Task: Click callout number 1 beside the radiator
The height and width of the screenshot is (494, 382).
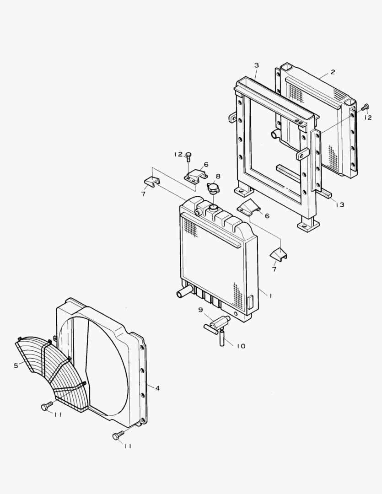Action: (x=270, y=296)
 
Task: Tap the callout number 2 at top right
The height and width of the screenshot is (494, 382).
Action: (x=333, y=72)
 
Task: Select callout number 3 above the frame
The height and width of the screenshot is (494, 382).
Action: (x=257, y=66)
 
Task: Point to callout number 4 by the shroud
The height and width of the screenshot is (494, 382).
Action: (x=157, y=388)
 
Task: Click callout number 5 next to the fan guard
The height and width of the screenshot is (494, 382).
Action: (x=16, y=365)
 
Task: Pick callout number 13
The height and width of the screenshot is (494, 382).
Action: (x=339, y=205)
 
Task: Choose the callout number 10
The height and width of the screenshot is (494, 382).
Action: (x=241, y=346)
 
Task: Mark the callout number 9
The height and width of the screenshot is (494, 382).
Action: (x=200, y=310)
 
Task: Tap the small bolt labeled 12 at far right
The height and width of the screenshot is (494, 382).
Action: (x=365, y=108)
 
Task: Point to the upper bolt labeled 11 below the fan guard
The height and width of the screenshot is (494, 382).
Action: (x=46, y=406)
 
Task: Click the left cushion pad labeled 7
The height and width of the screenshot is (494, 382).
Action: (x=151, y=183)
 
